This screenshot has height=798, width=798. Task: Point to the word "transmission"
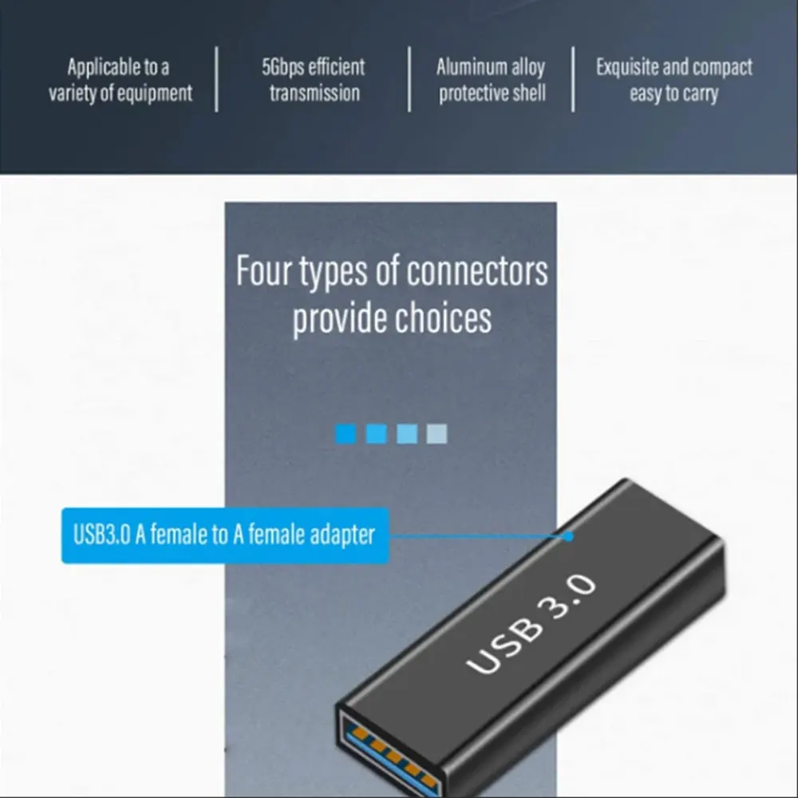tap(314, 93)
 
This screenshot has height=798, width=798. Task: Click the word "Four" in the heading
tap(263, 271)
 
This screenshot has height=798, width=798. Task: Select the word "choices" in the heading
tap(444, 318)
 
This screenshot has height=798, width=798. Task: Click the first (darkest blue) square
tap(346, 434)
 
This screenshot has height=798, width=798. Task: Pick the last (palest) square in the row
tap(437, 434)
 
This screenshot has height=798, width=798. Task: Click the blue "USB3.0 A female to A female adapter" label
tap(224, 535)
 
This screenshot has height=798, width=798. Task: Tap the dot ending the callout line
tap(568, 536)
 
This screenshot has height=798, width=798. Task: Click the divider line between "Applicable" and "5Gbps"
tap(216, 80)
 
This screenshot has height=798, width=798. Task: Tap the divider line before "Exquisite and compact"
tap(572, 80)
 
